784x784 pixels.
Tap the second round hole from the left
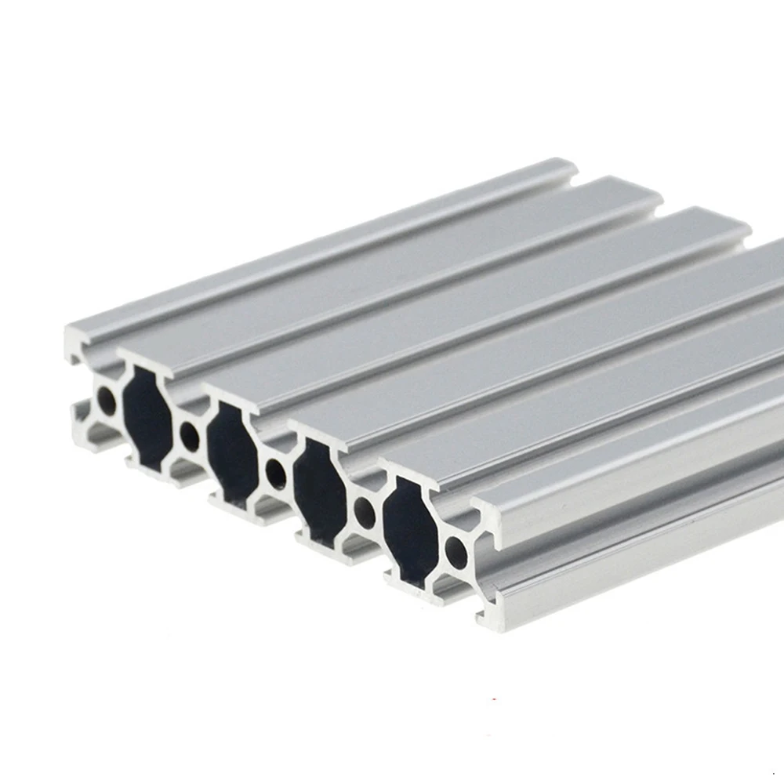coord(190,436)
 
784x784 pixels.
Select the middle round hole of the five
coord(276,473)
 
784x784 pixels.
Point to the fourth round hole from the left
coord(365,511)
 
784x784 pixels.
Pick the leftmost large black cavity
coord(147,418)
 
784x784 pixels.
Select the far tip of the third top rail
coord(740,227)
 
